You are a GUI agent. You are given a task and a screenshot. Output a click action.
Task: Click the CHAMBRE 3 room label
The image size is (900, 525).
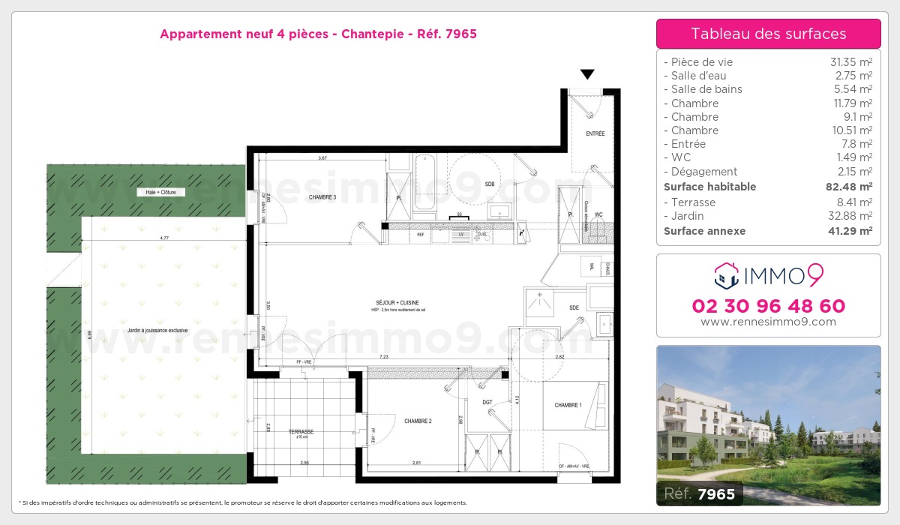coord(322,197)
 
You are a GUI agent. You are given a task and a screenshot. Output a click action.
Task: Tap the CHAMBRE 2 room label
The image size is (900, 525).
coord(418,421)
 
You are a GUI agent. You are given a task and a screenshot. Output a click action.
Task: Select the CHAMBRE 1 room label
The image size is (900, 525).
coord(568,405)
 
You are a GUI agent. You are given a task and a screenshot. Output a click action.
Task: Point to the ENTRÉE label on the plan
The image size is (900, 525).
coord(595,133)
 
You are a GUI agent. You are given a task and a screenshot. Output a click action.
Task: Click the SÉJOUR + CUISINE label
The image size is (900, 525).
coord(386,303)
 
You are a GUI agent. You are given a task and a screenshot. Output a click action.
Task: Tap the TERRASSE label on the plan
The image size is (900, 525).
coord(301,432)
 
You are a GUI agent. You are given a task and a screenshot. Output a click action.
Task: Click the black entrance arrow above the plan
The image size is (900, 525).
coord(587,74)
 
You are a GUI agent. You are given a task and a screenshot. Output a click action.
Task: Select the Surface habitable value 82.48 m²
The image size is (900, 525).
coord(850,187)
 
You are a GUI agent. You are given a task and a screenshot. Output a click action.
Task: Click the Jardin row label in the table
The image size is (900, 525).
coord(688,216)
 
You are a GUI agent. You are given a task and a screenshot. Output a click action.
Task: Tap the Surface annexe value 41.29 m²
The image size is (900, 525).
coord(850,231)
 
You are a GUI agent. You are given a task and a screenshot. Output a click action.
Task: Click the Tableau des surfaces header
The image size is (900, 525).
coord(768,34)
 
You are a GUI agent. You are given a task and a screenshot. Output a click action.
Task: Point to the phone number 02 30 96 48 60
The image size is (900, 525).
coord(768,306)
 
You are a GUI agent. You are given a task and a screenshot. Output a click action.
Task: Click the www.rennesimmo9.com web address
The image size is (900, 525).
coord(768,322)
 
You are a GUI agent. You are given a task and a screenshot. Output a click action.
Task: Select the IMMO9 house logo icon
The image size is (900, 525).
coord(726,276)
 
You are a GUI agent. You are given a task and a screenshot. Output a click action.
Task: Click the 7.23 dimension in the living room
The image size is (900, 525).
coord(383,356)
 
